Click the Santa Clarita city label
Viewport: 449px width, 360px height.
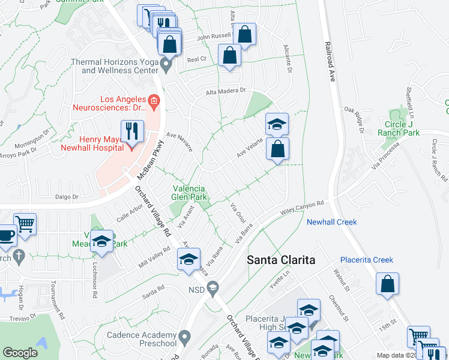[x=282, y=260]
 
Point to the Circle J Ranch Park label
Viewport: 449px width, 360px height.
[x=402, y=128]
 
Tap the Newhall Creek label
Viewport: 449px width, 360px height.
[x=331, y=222]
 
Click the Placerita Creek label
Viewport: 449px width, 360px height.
[x=366, y=260]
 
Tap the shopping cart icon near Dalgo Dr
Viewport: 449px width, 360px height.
[x=25, y=225]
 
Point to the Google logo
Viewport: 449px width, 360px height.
[x=20, y=353]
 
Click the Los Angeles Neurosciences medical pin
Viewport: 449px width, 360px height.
[x=154, y=102]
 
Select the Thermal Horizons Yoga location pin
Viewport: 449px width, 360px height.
[x=167, y=63]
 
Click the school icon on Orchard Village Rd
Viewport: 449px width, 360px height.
[x=188, y=259]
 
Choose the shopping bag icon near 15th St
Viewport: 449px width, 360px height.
[x=388, y=283]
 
